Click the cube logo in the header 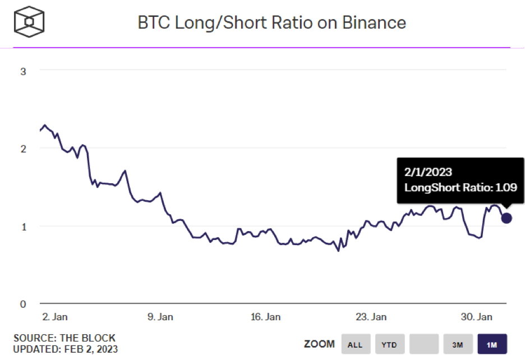click(29, 22)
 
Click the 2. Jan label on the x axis click(55, 317)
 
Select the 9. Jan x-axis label click(160, 317)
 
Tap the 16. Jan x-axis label click(265, 317)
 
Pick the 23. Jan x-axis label click(371, 317)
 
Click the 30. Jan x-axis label click(477, 317)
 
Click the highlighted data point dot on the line click(506, 218)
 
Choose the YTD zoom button click(389, 344)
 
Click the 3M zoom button click(458, 344)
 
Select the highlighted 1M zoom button click(492, 344)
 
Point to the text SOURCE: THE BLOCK click(65, 338)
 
